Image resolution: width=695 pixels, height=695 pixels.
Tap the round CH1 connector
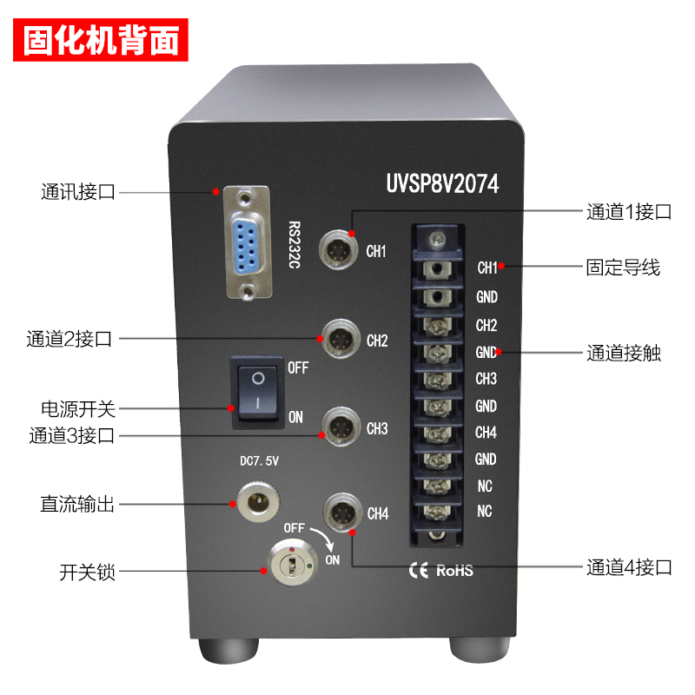coord(339,249)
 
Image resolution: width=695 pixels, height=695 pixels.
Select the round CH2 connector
coord(340,339)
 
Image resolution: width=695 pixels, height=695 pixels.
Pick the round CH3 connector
coord(341,427)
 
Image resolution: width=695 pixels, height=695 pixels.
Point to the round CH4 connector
coord(341,513)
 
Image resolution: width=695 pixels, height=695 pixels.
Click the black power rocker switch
coord(257,393)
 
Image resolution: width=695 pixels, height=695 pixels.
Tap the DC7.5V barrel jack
coord(258,502)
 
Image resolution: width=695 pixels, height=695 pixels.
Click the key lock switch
coord(293,562)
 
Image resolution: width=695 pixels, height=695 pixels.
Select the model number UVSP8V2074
coord(442,183)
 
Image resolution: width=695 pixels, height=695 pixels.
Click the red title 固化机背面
coord(101,40)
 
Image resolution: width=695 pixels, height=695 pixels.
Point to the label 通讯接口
coord(78,192)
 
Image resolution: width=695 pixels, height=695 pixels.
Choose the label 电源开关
coord(78,409)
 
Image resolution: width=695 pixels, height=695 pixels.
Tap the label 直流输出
coord(77,504)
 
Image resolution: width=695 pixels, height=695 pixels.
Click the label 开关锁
coord(88,572)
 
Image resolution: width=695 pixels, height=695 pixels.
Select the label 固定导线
coord(623,268)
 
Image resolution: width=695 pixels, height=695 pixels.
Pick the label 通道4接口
coord(629,567)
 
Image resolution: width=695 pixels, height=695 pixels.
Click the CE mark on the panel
coord(419,571)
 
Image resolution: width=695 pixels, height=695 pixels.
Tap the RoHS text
coord(454,571)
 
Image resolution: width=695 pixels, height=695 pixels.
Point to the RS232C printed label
coord(295,245)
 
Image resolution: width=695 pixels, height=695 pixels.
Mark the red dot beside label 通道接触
coord(498,352)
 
